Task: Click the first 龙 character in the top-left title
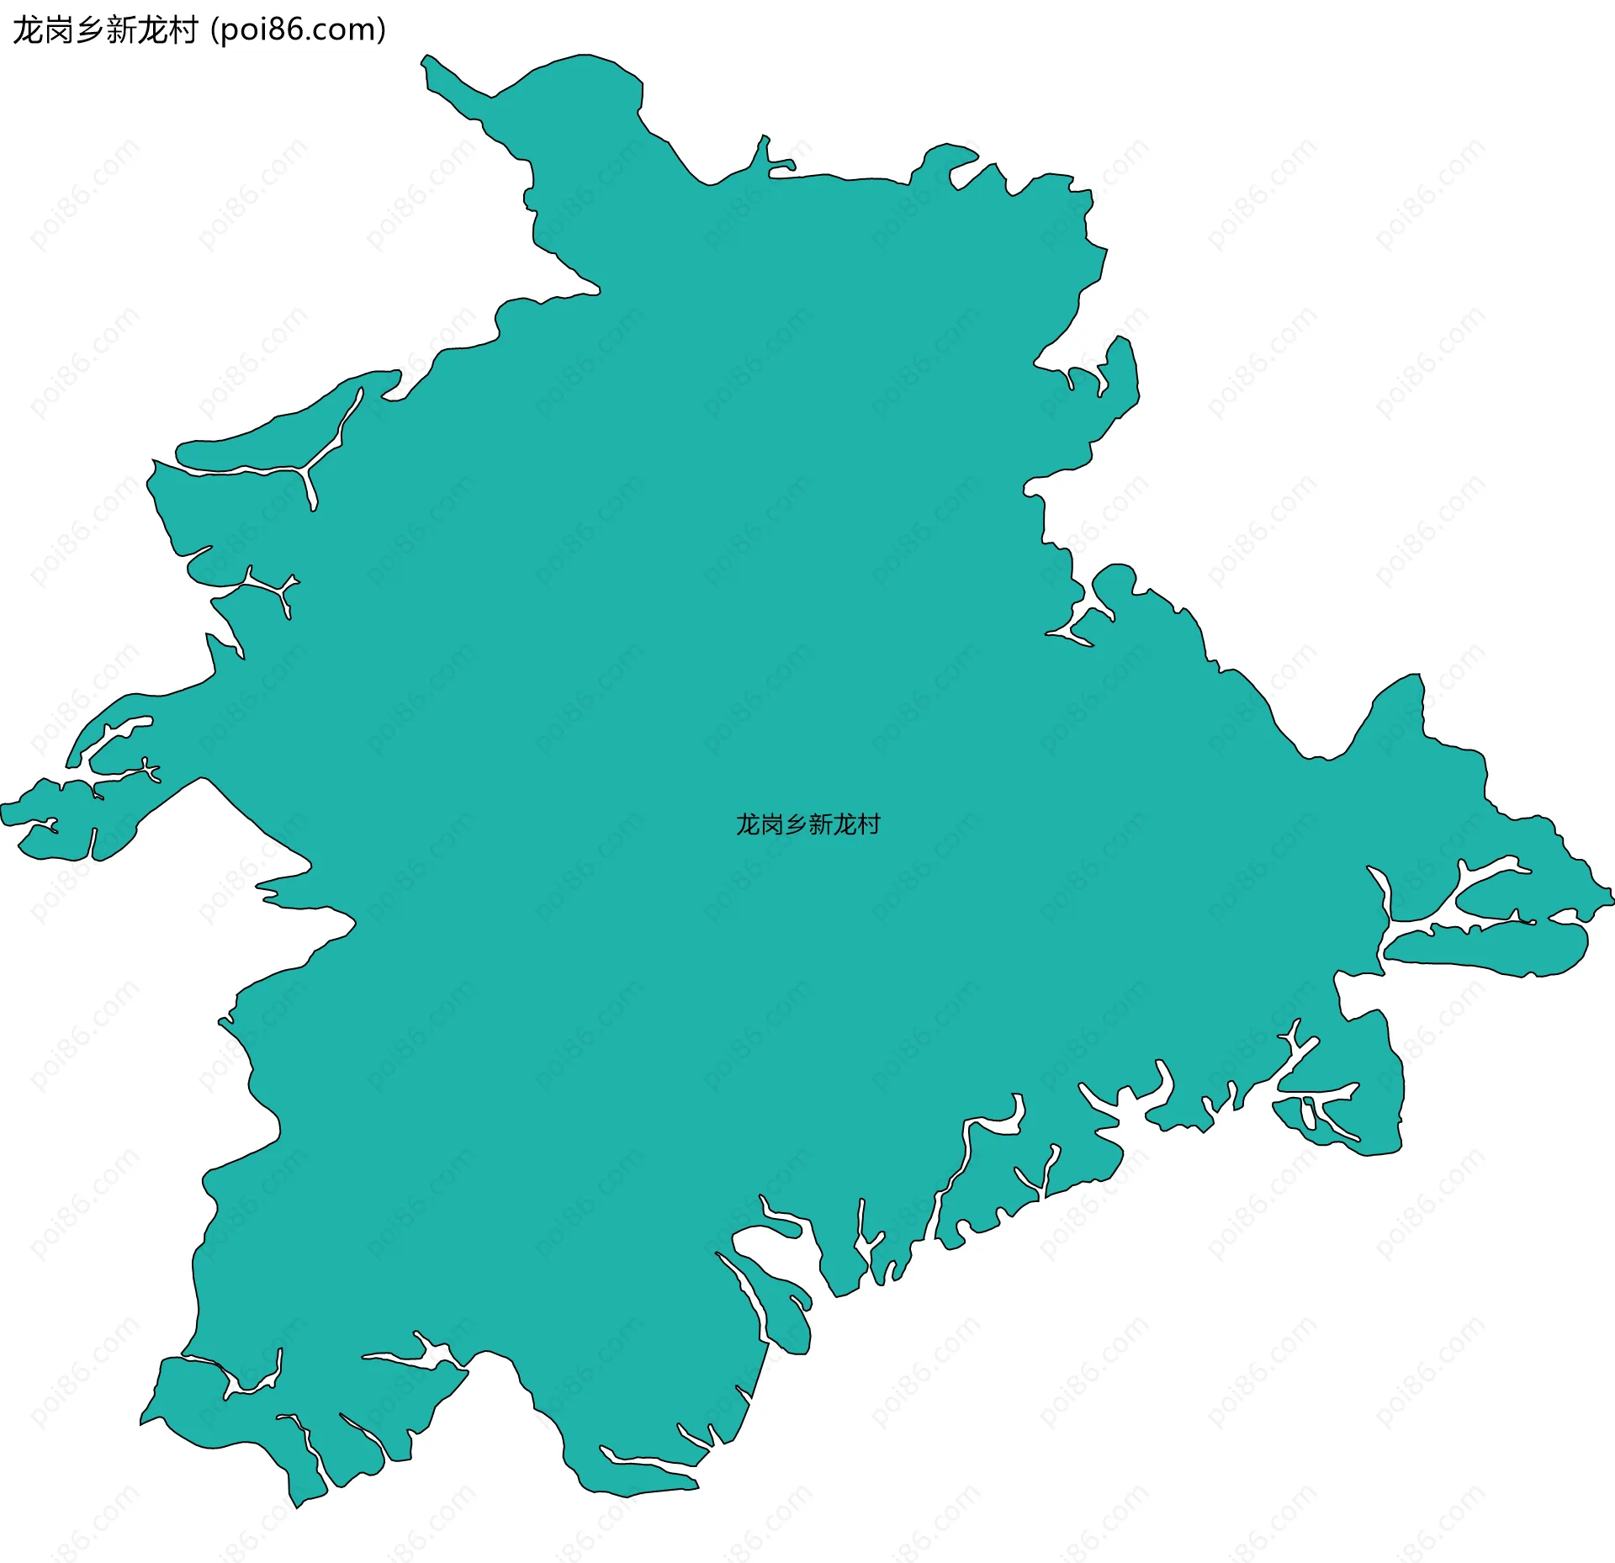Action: [28, 30]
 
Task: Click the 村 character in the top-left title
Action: [183, 30]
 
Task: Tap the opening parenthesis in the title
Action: [215, 30]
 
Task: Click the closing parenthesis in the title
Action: [382, 30]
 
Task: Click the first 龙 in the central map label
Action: [748, 824]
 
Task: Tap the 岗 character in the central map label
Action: [772, 824]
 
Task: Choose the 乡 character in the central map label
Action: [796, 824]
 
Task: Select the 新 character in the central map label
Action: [820, 824]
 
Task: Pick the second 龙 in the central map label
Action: [845, 824]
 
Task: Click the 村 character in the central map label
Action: [869, 824]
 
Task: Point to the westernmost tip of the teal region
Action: [3, 808]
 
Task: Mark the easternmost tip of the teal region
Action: [1612, 897]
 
